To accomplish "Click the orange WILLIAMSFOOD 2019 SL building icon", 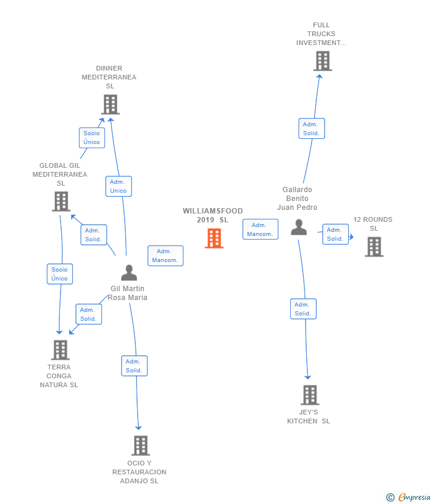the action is [x=214, y=238].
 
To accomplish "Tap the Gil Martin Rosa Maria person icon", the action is [x=129, y=273].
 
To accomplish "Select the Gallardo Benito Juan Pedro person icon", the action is [x=299, y=227].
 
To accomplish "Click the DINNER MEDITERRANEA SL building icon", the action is [x=110, y=104].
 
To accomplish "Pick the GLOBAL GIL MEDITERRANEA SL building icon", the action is [x=61, y=202].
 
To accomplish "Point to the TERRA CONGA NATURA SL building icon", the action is [x=60, y=350].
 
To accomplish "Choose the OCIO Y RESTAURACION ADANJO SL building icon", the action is [x=141, y=446].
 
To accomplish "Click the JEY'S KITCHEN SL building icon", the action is [x=310, y=395].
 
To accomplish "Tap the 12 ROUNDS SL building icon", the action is [x=374, y=247].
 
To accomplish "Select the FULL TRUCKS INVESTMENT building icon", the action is [x=323, y=61].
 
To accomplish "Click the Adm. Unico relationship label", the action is [x=118, y=186].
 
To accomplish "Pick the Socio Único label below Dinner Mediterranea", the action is [x=92, y=138].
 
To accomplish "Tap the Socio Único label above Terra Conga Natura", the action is [x=60, y=274].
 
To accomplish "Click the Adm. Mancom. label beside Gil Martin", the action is [x=166, y=256].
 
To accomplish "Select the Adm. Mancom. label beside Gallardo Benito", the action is [x=261, y=229].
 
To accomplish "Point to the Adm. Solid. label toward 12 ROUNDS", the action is [x=335, y=234].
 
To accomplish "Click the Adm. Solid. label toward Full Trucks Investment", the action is [x=312, y=129].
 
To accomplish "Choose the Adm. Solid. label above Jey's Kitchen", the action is [x=303, y=309].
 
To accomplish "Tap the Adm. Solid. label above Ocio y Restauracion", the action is [x=134, y=366].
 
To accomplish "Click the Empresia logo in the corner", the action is [x=408, y=497].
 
